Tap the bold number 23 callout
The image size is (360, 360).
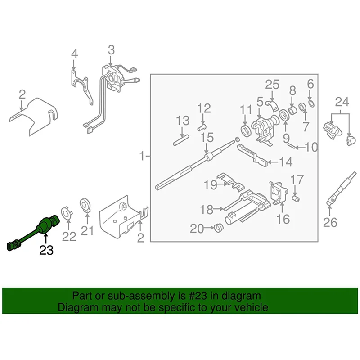[46, 251]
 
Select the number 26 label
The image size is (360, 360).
[331, 222]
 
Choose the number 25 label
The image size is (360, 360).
[272, 84]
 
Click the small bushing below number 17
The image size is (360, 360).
[296, 198]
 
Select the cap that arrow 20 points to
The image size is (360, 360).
[217, 227]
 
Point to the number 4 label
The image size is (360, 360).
[74, 54]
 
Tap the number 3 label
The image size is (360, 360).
[111, 49]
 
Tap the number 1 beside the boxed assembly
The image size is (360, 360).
[142, 157]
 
